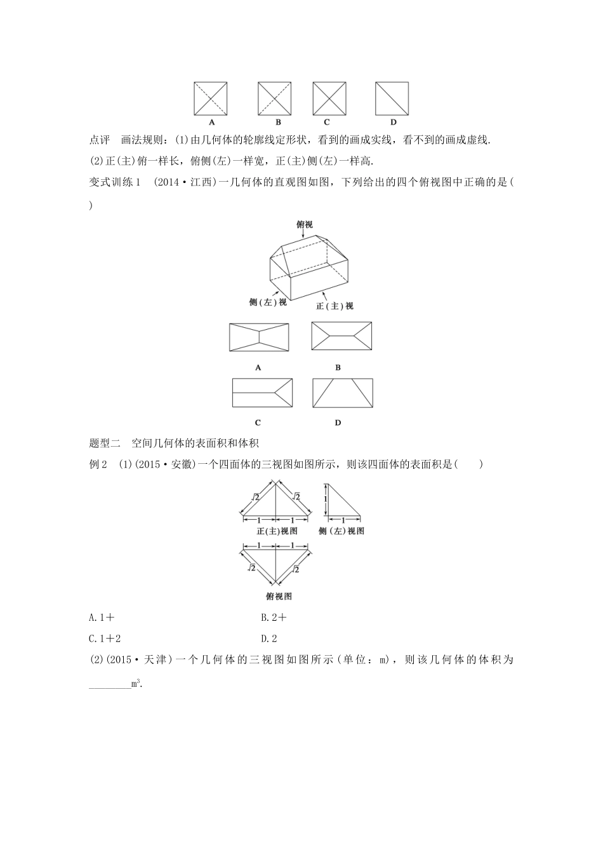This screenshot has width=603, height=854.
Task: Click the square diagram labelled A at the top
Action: [211, 98]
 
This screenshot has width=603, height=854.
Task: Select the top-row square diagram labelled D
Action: [392, 98]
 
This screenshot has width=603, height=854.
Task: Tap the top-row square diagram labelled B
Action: [275, 98]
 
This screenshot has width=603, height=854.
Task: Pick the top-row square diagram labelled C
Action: [329, 98]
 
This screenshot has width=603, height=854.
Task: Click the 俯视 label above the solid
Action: [305, 224]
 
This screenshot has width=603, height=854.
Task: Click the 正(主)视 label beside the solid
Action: [335, 306]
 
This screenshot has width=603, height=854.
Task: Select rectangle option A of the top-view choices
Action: [258, 337]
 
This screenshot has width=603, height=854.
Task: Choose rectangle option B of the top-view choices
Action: [341, 336]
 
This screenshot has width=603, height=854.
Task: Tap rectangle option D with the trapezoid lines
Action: [343, 393]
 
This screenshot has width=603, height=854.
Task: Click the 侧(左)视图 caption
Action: [341, 531]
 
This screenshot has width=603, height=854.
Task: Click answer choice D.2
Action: [269, 639]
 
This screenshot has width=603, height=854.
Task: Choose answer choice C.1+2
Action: [105, 639]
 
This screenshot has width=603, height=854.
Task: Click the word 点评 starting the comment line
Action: [100, 140]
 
